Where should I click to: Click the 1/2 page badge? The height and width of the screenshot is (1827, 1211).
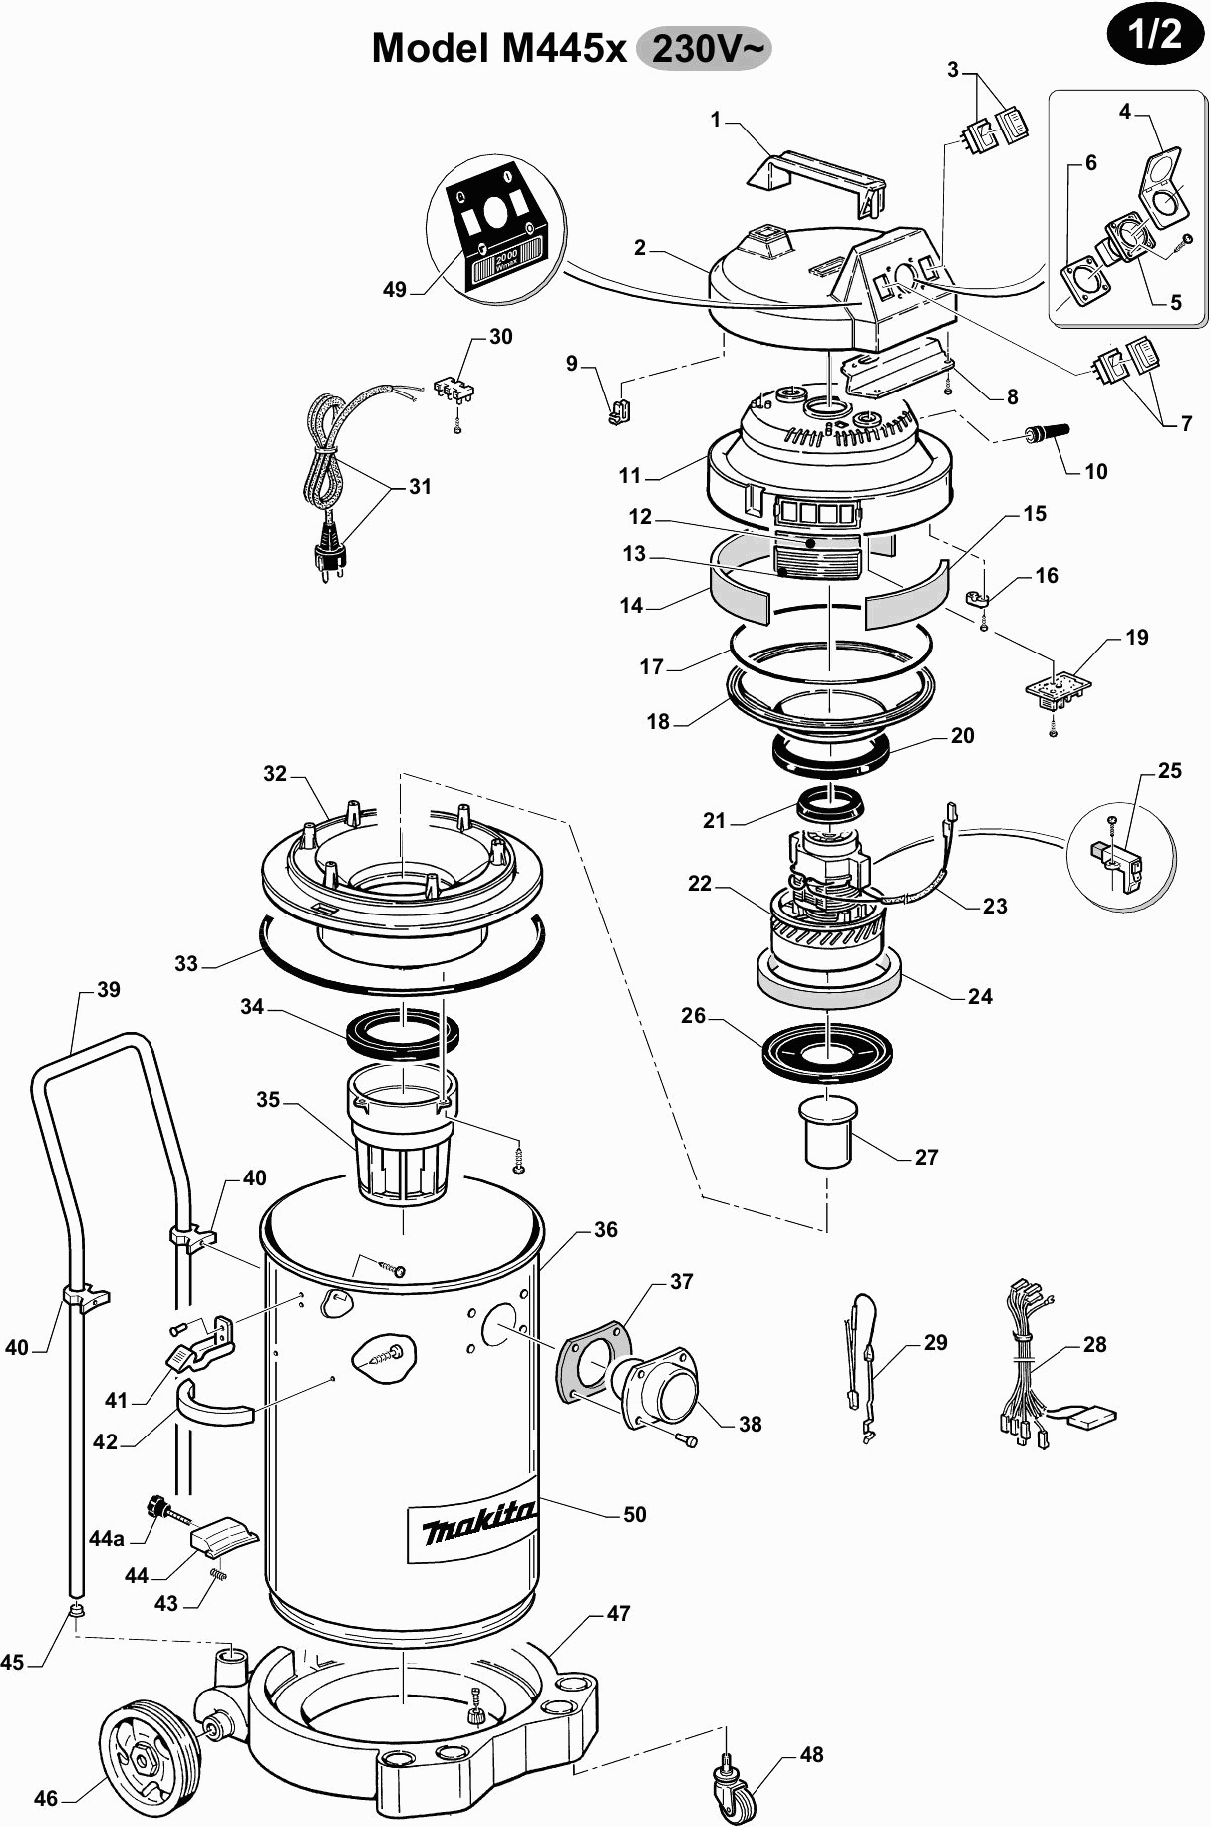(x=1154, y=36)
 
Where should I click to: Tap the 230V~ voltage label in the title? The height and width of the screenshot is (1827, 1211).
(x=705, y=48)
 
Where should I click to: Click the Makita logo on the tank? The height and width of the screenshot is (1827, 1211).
(x=477, y=1523)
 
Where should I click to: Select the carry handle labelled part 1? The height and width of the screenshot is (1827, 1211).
(x=816, y=183)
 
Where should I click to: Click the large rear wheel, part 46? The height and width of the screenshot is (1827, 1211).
(x=145, y=1751)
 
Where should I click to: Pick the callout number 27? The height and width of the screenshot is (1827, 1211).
(x=926, y=1157)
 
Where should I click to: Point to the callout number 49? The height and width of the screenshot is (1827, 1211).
(x=395, y=289)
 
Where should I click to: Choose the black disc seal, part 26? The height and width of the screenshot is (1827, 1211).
(x=826, y=1052)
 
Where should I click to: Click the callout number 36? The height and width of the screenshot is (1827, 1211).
(x=606, y=1229)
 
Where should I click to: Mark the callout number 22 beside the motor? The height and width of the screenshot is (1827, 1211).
(x=700, y=883)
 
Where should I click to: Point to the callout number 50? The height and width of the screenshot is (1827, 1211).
(x=635, y=1514)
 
